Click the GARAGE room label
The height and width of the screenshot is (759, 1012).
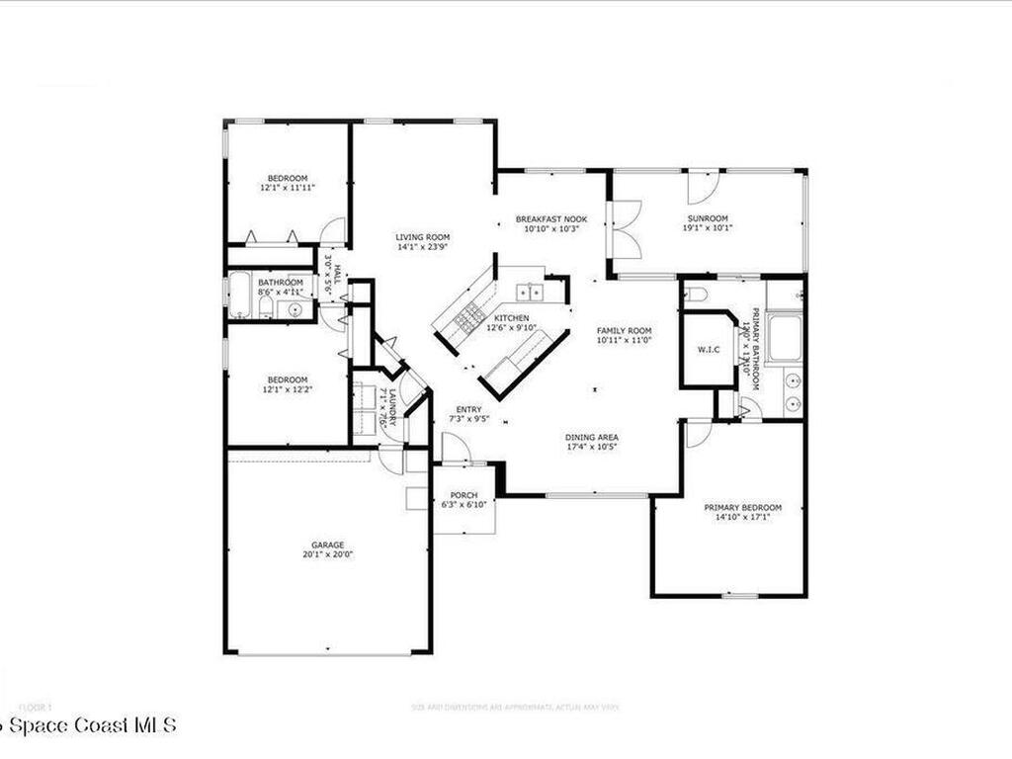[x=328, y=545]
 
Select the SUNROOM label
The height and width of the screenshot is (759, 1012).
[x=708, y=218]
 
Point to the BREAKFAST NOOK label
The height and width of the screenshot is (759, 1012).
[x=551, y=218]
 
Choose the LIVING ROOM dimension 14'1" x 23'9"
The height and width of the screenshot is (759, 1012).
[x=423, y=247]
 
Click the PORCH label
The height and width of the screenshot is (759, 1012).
[x=464, y=495]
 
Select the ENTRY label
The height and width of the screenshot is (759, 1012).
[x=469, y=409]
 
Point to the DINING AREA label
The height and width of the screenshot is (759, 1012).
[x=592, y=438]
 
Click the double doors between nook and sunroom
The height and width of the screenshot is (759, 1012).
[x=627, y=229]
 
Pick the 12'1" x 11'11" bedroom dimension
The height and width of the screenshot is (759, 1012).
[x=287, y=187]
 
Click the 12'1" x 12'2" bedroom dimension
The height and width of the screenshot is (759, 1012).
[x=286, y=389]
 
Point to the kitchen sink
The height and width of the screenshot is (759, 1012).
[x=530, y=292]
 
